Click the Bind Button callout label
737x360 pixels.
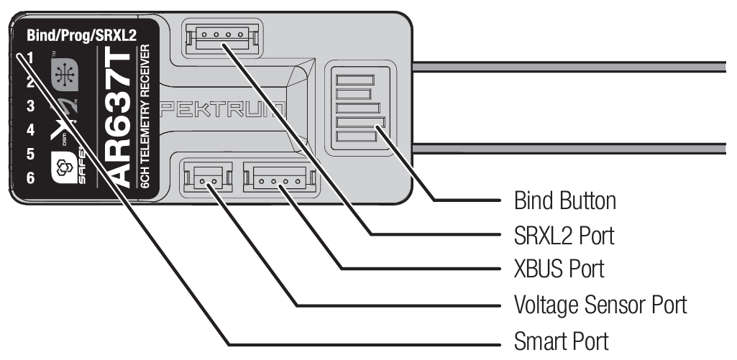pos(564,200)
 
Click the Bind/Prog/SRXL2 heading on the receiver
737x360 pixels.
pos(81,34)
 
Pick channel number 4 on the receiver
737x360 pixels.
pos(30,130)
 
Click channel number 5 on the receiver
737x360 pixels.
pos(30,153)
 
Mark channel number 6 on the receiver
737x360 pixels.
pos(30,176)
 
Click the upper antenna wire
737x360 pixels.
pos(575,66)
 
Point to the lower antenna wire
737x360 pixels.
pos(575,147)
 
